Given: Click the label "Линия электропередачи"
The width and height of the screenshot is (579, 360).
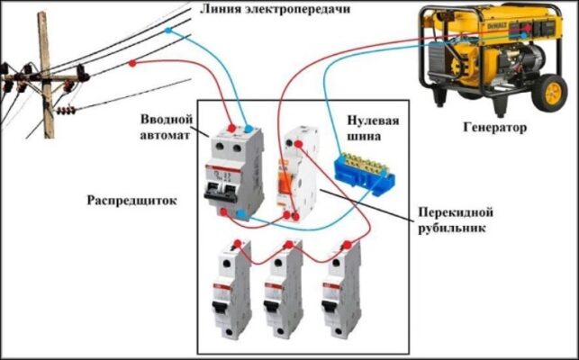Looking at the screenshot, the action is click(275, 8).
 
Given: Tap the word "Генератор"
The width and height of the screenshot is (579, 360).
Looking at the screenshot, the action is click(495, 128).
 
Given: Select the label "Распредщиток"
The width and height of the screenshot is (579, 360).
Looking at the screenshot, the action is click(131, 201).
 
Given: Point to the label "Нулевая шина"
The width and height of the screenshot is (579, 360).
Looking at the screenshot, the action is click(373, 128).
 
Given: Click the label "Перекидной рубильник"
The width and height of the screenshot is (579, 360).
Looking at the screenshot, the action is click(456, 220).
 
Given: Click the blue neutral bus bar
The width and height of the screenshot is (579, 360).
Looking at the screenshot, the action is click(364, 173).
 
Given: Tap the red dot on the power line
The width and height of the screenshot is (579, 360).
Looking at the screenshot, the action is click(132, 63).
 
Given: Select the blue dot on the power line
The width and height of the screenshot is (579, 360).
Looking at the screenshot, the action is click(168, 31).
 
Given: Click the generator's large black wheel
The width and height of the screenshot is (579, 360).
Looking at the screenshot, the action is click(550, 93).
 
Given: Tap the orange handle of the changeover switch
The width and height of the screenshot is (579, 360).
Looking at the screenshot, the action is click(285, 180).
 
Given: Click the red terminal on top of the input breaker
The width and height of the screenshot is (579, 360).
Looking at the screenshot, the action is click(232, 128).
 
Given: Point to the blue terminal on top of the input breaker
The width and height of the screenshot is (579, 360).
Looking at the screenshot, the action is click(249, 129).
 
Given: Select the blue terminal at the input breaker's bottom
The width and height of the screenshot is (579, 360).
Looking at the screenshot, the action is click(241, 213).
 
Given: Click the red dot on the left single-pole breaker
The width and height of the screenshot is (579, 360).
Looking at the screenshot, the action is click(238, 244).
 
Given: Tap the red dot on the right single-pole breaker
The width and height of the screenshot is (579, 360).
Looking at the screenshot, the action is click(347, 244).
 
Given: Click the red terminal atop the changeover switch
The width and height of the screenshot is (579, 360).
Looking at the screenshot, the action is click(299, 144).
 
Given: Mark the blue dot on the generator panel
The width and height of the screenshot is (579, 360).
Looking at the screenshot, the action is click(523, 35).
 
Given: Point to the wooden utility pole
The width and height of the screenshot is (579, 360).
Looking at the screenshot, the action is click(46, 75).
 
